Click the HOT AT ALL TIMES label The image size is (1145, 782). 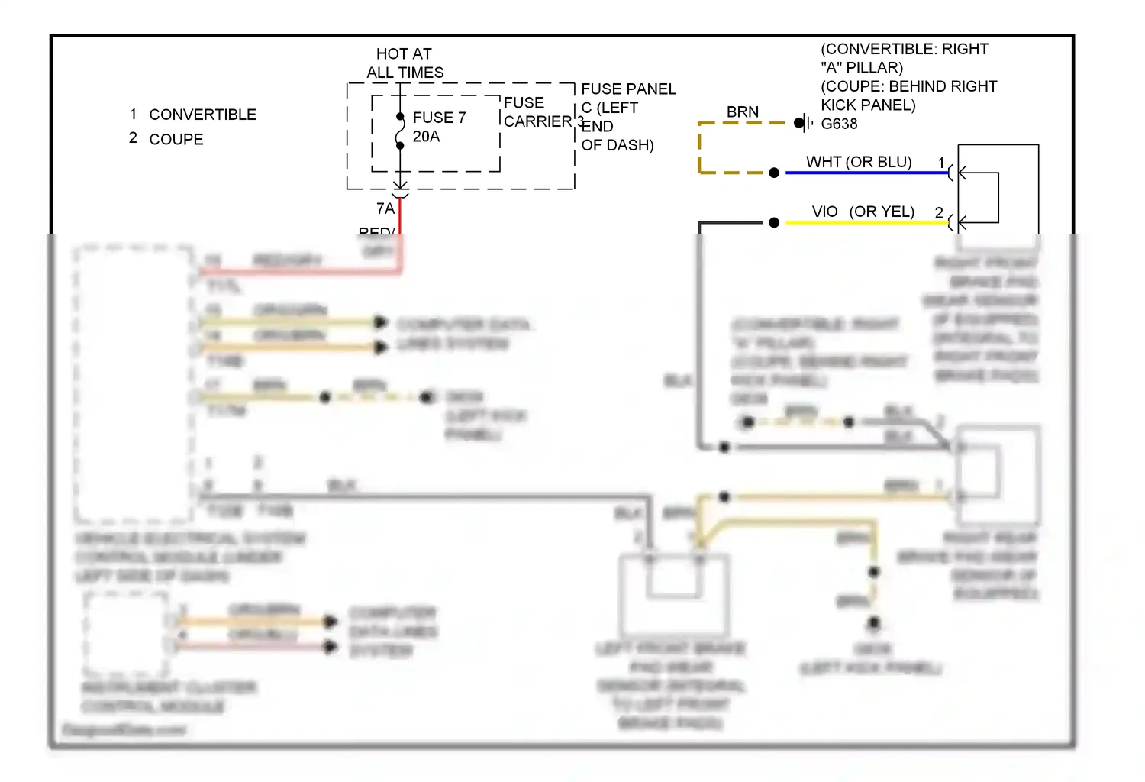click(405, 63)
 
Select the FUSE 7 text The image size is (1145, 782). click(439, 118)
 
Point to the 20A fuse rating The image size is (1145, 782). click(426, 137)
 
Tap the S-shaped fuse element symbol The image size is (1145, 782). click(400, 131)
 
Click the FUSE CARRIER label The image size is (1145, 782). click(537, 112)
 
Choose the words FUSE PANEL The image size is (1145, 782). click(628, 89)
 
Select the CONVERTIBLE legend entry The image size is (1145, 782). click(202, 115)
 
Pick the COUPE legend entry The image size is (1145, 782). click(176, 140)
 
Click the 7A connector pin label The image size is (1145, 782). click(385, 208)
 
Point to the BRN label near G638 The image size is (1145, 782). click(742, 112)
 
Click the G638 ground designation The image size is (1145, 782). click(839, 124)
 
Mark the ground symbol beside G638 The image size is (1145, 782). click(803, 123)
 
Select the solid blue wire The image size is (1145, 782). click(866, 173)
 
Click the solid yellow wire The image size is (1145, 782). click(866, 222)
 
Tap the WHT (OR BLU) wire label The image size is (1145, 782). click(859, 162)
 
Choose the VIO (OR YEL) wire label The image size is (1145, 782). click(863, 212)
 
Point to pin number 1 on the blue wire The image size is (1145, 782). click(941, 162)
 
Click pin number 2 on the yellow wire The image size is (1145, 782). click(939, 212)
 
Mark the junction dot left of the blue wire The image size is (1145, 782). click(774, 173)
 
